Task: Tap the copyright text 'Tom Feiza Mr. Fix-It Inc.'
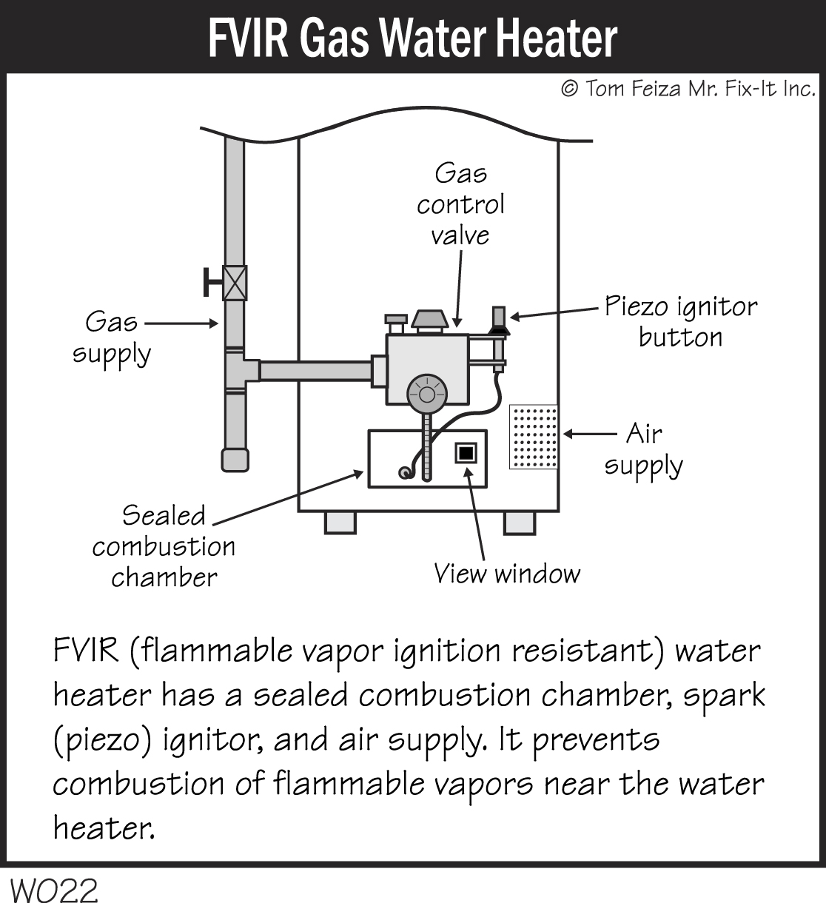(688, 89)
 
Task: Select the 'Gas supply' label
(112, 338)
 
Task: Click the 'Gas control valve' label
(460, 204)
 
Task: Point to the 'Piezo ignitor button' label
(680, 322)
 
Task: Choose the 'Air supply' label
(643, 450)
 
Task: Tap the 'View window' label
(507, 574)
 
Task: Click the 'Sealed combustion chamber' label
(164, 546)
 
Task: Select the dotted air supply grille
(534, 437)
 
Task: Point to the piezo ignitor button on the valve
(498, 318)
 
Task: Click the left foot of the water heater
(340, 522)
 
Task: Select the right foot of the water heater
(519, 522)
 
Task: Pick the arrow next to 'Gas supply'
(181, 323)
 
